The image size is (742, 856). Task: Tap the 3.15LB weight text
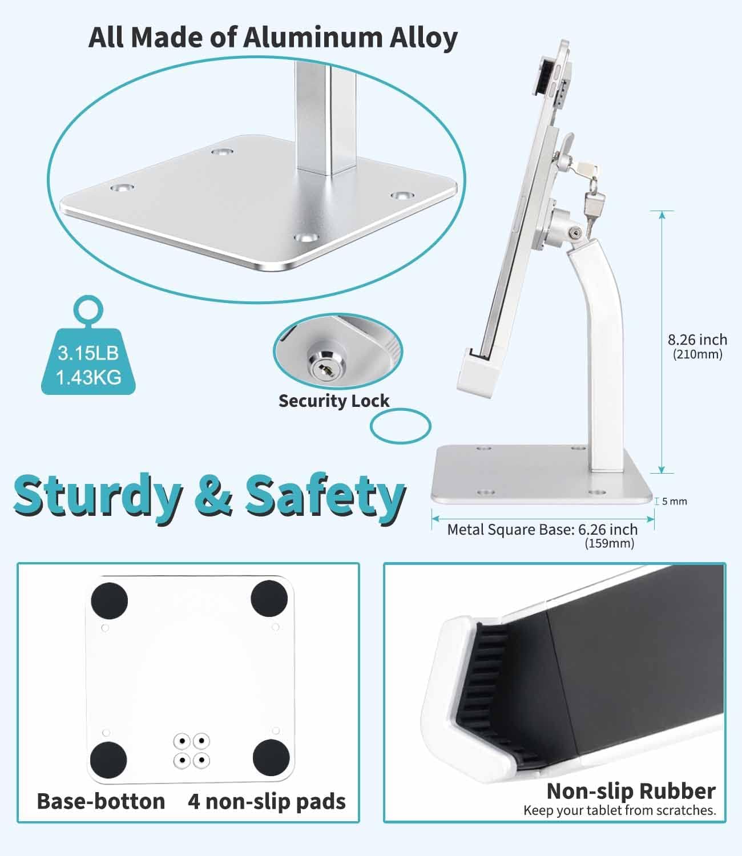coord(88,353)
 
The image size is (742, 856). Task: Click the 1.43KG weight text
coord(88,377)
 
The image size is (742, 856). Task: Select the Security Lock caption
coord(334,401)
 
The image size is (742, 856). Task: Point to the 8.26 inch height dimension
coord(697,340)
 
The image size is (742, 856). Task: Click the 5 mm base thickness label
coord(675,502)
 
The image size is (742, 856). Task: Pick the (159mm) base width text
coord(609,544)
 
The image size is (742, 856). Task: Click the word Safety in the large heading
coord(325,494)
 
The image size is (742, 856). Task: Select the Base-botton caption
coord(101,801)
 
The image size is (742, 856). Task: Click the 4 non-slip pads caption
coord(267,801)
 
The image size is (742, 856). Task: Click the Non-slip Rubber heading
coord(631,791)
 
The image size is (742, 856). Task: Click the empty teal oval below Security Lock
coord(401,425)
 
